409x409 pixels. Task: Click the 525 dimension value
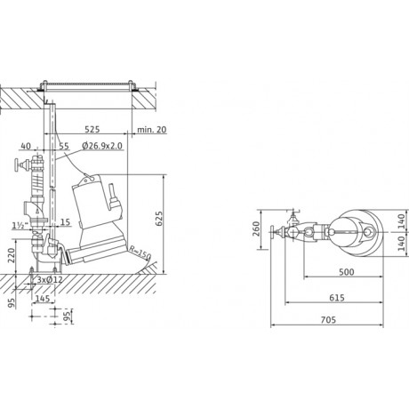92,129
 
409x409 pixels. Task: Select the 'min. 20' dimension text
152,130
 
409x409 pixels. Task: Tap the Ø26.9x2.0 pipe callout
102,146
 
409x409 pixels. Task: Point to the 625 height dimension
159,219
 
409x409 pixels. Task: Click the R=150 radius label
140,253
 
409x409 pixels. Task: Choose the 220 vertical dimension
11,255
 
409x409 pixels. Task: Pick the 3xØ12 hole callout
50,279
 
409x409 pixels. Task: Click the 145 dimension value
43,299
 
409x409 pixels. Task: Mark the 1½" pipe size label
21,226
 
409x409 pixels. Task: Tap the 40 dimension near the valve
26,146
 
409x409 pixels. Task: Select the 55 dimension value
64,146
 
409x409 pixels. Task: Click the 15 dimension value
65,222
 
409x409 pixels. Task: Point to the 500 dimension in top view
347,272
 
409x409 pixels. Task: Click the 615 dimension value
337,297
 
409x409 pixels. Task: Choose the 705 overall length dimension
328,320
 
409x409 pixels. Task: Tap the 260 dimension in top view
256,229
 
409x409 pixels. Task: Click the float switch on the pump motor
113,197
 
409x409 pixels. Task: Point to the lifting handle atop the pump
89,178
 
